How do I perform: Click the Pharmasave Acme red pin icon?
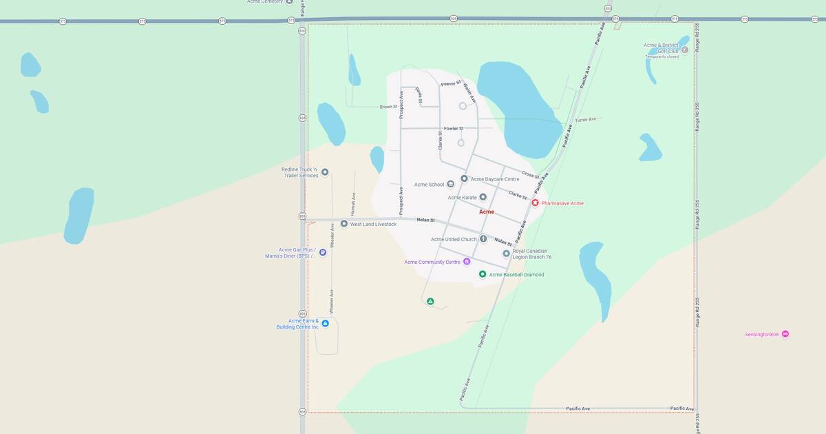tap(535, 203)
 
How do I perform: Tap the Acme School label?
tap(429, 185)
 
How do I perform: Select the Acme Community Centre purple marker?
tap(467, 262)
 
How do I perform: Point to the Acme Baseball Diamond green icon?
tap(483, 274)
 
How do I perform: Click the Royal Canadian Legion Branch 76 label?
tap(532, 254)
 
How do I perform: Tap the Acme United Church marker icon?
tap(483, 239)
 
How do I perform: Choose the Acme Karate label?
tap(462, 198)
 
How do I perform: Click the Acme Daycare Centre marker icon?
tap(465, 178)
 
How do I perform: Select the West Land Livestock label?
tap(373, 224)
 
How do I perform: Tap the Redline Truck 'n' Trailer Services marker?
tap(325, 172)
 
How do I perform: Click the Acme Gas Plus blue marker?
tap(323, 253)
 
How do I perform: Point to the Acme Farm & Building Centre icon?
tap(325, 323)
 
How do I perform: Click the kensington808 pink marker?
tap(785, 334)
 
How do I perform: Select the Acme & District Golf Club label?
tap(661, 48)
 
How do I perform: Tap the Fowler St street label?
tap(454, 129)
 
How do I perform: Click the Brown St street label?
tap(388, 107)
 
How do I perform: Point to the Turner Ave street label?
tap(585, 120)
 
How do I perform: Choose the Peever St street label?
tap(450, 83)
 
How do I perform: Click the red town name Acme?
tap(487, 211)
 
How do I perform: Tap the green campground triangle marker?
tap(430, 301)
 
